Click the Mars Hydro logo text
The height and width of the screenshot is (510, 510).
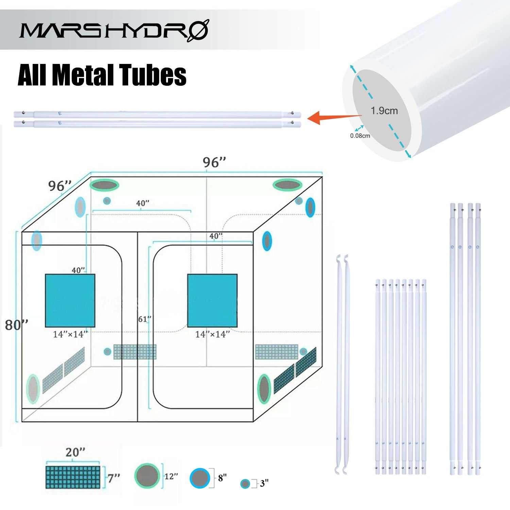(114, 30)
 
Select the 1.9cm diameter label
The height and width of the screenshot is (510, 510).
(384, 111)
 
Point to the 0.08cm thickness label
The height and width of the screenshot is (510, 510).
(360, 136)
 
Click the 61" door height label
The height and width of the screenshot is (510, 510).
(144, 319)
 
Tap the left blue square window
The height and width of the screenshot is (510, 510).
(70, 300)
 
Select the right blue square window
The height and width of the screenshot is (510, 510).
(212, 300)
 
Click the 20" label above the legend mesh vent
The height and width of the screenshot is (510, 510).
(75, 453)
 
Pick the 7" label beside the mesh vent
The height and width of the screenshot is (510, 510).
(114, 478)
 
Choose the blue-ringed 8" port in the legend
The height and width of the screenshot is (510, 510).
(200, 478)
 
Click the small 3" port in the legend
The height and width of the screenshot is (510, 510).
(245, 484)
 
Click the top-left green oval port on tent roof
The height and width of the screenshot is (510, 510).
(104, 185)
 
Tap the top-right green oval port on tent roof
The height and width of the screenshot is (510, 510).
(287, 185)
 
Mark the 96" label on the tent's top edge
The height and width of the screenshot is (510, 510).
(214, 163)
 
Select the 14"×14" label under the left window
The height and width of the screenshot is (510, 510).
(70, 335)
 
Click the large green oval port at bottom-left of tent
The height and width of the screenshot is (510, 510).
(33, 389)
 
